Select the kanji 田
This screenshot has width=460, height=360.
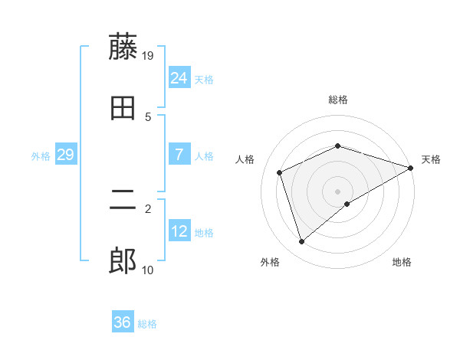click(123, 109)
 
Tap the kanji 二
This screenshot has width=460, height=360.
click(123, 201)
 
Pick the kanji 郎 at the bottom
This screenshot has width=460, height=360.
click(123, 262)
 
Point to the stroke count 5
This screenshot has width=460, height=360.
click(148, 117)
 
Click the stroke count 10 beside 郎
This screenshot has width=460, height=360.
click(148, 270)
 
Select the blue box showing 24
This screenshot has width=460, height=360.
click(179, 78)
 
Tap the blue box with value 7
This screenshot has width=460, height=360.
click(179, 155)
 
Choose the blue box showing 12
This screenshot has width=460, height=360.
click(179, 231)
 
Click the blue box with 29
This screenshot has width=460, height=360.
click(65, 155)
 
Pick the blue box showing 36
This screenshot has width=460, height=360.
click(123, 322)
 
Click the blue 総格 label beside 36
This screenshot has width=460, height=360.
click(147, 324)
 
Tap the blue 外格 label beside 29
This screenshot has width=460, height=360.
click(41, 156)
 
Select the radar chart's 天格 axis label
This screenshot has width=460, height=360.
click(431, 159)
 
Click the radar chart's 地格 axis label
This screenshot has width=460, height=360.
click(402, 262)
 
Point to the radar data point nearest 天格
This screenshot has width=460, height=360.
click(411, 168)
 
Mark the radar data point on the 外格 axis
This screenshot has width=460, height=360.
click(301, 242)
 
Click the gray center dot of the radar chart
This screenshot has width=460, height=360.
click(337, 191)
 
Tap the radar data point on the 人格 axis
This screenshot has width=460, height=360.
click(280, 172)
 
